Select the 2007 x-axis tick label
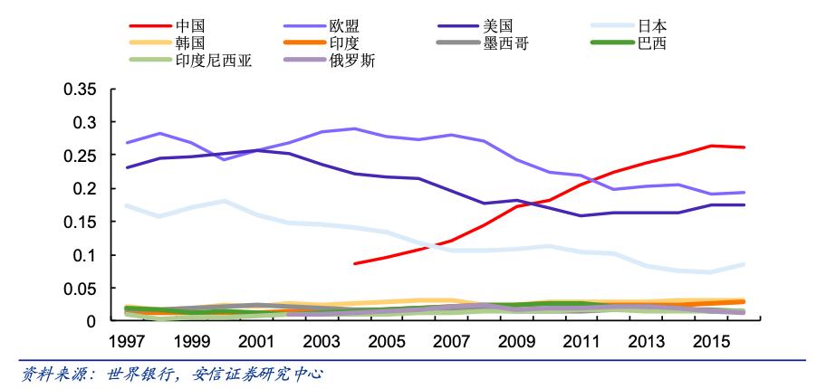click(449, 342)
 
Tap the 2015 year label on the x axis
click(707, 342)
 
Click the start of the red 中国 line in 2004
click(354, 263)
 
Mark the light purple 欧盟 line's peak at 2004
click(354, 128)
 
